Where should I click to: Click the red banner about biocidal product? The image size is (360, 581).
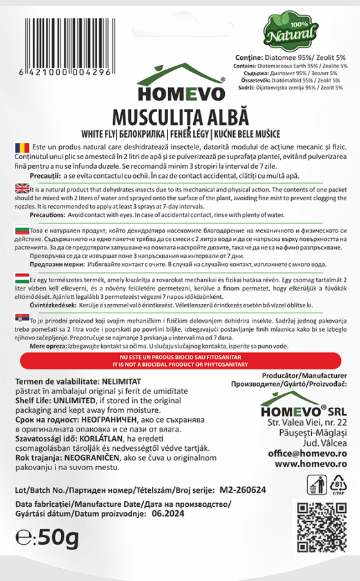(180, 360)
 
